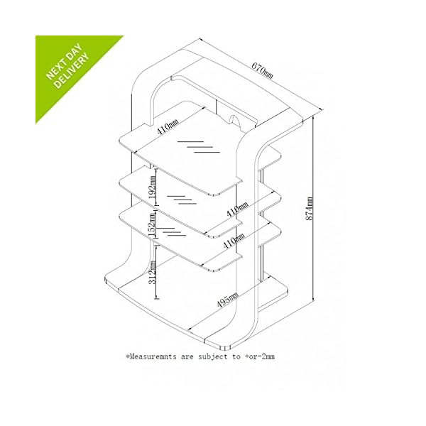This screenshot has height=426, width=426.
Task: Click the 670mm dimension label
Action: click(x=262, y=70)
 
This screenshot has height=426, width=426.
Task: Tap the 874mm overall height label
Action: click(x=310, y=209)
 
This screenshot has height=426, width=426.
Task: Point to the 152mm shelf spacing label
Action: click(x=153, y=224)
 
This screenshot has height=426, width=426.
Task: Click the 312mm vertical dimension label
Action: click(x=153, y=273)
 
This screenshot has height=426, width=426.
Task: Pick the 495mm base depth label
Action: click(x=228, y=300)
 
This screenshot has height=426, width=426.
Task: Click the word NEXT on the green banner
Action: click(x=56, y=70)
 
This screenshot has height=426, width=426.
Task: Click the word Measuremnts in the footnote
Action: click(x=153, y=356)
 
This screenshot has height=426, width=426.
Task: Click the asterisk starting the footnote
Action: click(x=127, y=356)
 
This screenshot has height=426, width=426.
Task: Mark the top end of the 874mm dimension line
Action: click(x=313, y=116)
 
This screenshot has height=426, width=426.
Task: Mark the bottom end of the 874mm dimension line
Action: click(x=314, y=300)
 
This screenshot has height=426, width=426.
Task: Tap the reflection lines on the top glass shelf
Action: click(x=199, y=147)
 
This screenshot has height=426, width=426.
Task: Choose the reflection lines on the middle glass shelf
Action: click(x=182, y=200)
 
